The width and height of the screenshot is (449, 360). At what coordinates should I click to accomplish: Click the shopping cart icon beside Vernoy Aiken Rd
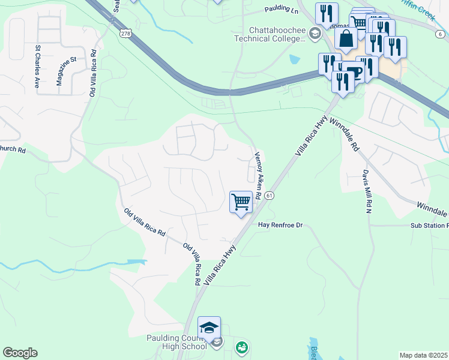pos(241,202)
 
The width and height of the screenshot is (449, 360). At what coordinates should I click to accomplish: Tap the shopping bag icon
pos(346,39)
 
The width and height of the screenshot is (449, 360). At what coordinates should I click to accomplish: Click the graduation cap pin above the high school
pos(209,328)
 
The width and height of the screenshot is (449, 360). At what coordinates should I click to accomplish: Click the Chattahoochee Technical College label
pos(277,34)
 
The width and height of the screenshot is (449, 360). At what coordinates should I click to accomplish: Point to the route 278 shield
pos(125,34)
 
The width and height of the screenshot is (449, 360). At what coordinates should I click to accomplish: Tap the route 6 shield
pos(433,17)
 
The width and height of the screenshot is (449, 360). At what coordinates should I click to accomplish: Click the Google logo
pos(20,353)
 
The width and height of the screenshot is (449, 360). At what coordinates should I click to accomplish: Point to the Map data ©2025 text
pos(423,355)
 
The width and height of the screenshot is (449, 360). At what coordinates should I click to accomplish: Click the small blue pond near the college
pos(294,59)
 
